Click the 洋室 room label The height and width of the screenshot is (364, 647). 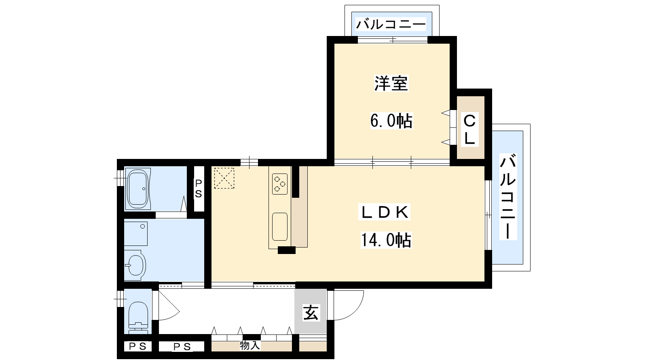(391, 83)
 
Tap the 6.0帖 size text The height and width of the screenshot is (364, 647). (391, 121)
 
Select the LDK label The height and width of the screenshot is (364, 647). (384, 212)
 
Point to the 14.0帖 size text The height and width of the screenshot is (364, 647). (386, 240)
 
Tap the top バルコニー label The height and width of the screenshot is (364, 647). (391, 24)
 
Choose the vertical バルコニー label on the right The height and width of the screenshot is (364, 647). (508, 197)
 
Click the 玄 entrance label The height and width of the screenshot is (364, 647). (311, 313)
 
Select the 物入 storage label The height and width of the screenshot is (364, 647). (250, 345)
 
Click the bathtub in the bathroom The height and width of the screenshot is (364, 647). (138, 189)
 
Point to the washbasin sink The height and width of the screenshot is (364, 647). (135, 265)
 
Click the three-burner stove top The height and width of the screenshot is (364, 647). (279, 184)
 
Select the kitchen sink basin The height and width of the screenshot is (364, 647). (280, 227)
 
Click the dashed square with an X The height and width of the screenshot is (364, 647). (224, 178)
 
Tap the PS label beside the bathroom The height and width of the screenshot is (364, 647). (199, 188)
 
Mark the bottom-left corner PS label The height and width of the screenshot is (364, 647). (138, 346)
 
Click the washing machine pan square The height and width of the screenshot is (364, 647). (136, 234)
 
